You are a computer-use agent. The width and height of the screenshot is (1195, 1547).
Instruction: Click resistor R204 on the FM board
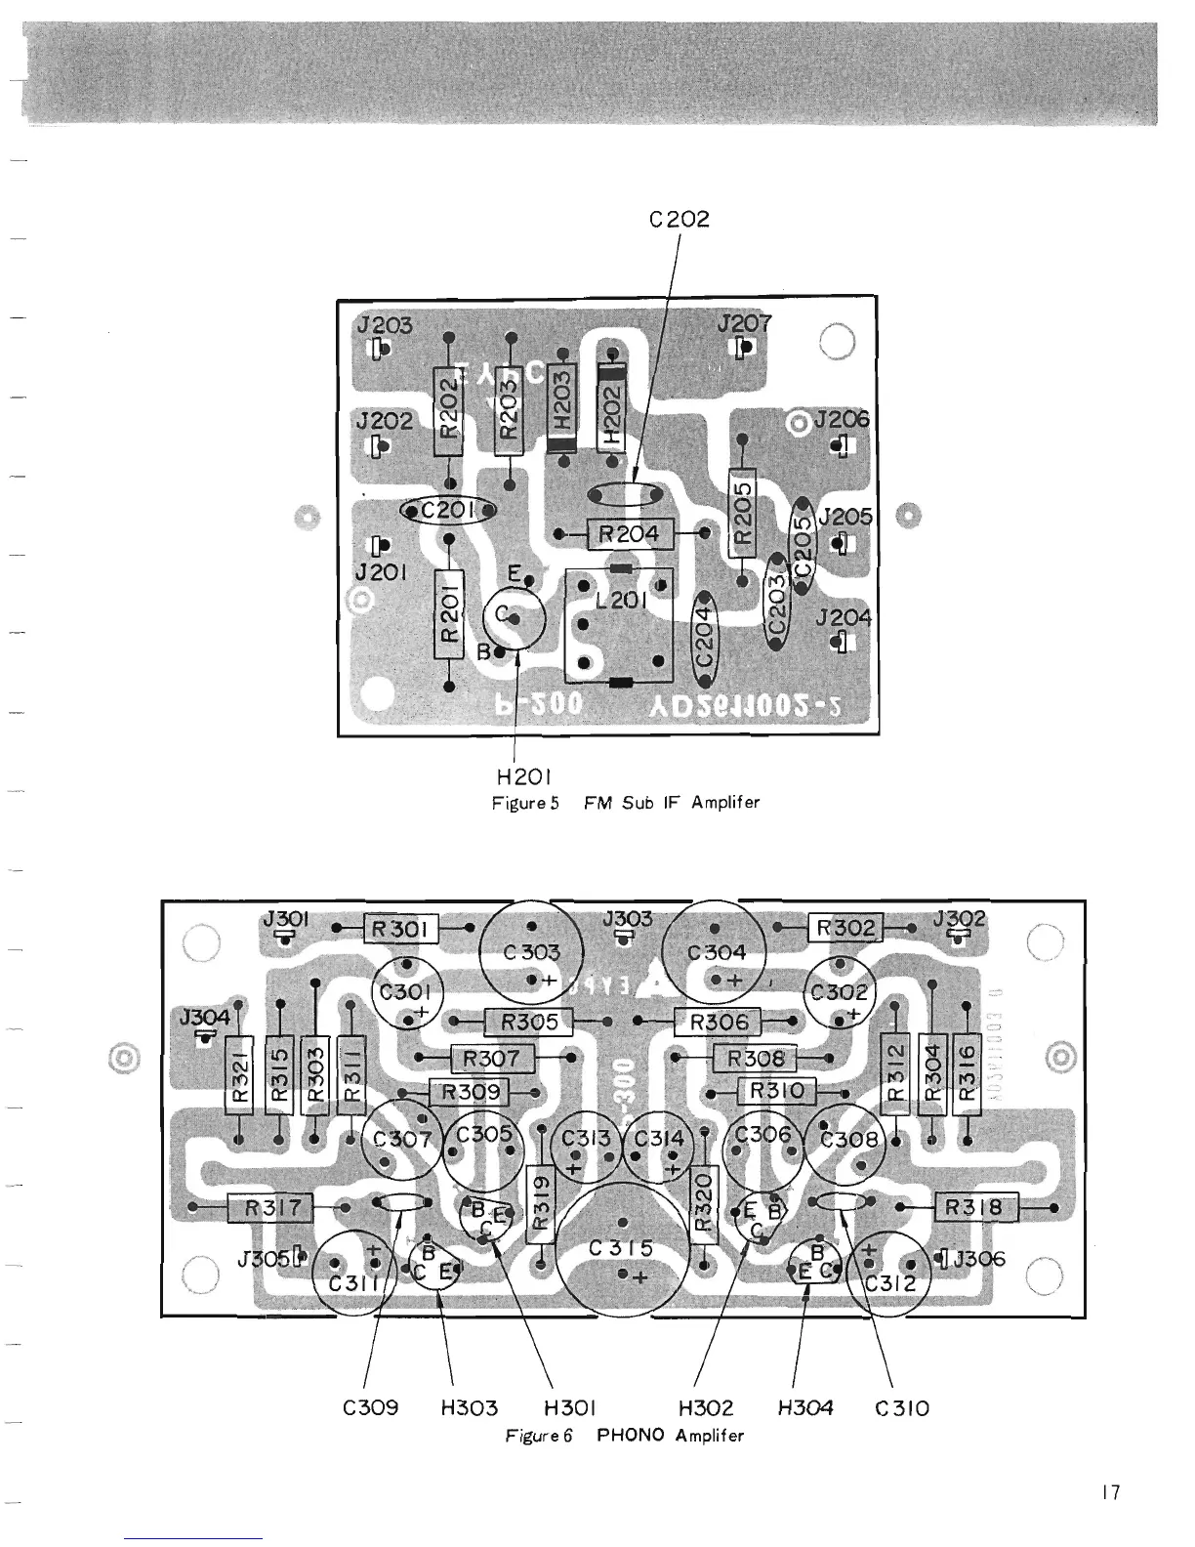[x=629, y=534]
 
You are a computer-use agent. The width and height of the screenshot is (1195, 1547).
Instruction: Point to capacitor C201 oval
[x=449, y=510]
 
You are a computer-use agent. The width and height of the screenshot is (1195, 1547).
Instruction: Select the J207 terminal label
[x=745, y=323]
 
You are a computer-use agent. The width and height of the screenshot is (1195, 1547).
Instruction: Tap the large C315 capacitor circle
[x=623, y=1250]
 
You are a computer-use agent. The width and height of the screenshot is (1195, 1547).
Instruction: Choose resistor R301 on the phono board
[x=401, y=929]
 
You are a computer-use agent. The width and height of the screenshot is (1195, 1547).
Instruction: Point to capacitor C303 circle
[x=531, y=951]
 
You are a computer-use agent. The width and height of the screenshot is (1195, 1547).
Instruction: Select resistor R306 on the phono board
[x=719, y=1023]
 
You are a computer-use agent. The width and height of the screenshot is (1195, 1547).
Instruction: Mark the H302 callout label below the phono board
[x=705, y=1407]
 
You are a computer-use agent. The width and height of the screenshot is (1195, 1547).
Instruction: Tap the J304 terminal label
[x=204, y=1018]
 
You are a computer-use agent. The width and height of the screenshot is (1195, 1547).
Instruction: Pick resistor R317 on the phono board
[x=268, y=1208]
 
